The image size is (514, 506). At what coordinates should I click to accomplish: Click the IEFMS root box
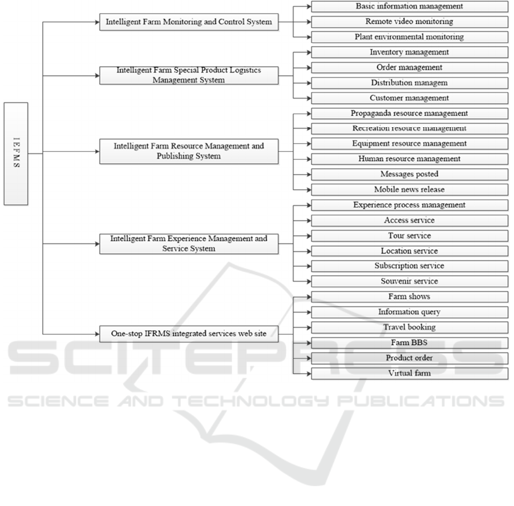tap(16, 153)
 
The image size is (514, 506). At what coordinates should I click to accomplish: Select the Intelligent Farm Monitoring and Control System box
tap(189, 22)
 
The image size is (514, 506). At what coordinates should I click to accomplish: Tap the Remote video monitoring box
tap(409, 22)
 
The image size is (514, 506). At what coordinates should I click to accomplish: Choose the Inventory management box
tap(409, 52)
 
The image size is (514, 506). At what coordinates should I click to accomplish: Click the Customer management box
tap(409, 98)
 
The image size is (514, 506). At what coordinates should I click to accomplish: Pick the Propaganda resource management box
tap(409, 114)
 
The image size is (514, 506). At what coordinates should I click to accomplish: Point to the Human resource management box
tap(409, 159)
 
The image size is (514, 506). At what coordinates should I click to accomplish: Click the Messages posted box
tap(409, 175)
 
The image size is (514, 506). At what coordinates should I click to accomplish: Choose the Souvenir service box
tap(409, 281)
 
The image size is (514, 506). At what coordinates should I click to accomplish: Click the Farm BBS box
tap(409, 343)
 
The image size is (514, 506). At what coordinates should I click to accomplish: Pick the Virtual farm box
tap(409, 374)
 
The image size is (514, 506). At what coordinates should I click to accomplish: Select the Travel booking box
tap(409, 327)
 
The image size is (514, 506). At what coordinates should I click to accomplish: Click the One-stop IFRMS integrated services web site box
tap(189, 334)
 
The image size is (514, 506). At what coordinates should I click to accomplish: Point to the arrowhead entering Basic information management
tap(308, 7)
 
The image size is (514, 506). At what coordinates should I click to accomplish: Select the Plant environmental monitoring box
tap(409, 37)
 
